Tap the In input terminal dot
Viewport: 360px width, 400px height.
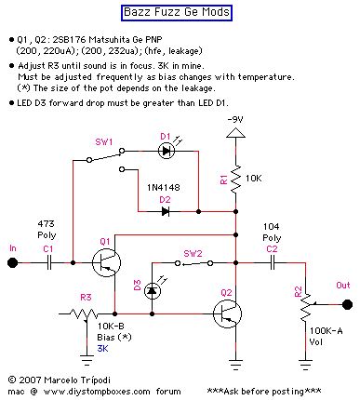[x=13, y=263]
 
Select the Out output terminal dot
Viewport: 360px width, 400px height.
[x=346, y=303]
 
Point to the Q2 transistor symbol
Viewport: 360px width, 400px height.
[x=230, y=313]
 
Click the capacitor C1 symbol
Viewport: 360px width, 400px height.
[x=47, y=263]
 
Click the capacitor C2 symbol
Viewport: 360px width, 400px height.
[x=272, y=263]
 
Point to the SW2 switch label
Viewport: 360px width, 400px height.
[x=193, y=253]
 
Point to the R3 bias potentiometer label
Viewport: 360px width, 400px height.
[x=86, y=297]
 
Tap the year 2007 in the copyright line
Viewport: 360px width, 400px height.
[x=31, y=380]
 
